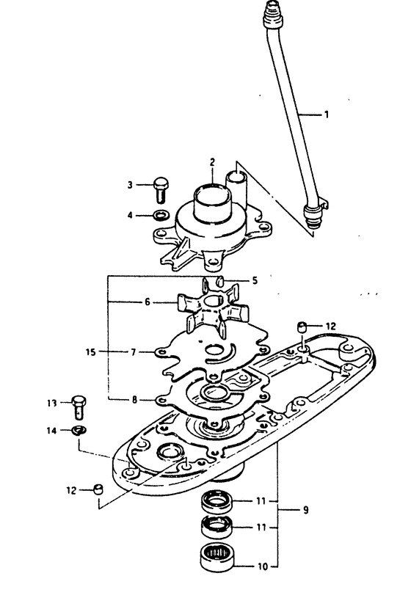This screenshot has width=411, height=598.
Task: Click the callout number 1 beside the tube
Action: tap(327, 114)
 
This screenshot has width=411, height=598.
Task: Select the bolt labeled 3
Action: tap(161, 189)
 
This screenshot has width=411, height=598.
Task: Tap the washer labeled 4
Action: tap(161, 216)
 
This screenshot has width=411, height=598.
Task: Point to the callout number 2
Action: tap(212, 162)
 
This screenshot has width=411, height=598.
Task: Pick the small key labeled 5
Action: tap(220, 282)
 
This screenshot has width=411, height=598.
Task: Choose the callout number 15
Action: tap(91, 351)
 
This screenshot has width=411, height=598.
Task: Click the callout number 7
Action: tap(133, 352)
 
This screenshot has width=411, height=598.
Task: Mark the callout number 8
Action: tap(134, 400)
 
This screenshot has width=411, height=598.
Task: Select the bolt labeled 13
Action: tap(79, 407)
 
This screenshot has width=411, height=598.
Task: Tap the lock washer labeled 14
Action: tap(79, 431)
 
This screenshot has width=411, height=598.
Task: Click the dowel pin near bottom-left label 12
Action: tap(98, 489)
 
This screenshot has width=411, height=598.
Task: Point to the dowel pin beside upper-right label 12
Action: tap(302, 327)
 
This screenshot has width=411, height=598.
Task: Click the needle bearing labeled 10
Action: tap(217, 558)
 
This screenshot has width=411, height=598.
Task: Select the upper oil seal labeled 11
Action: tap(217, 502)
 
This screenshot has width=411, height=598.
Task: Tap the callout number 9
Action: tap(305, 510)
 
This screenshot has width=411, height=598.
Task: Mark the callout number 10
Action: tap(263, 566)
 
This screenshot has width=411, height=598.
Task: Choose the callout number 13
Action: tap(52, 403)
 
